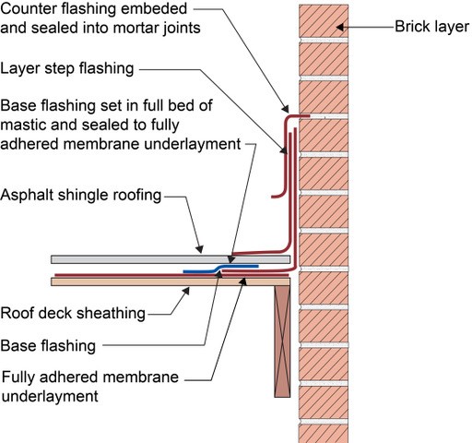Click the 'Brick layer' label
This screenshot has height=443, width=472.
click(x=431, y=27)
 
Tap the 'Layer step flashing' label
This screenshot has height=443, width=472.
click(x=67, y=68)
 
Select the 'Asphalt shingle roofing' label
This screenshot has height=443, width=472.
click(x=81, y=195)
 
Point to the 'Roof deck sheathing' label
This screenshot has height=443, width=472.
click(x=73, y=313)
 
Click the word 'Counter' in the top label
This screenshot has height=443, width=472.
click(x=28, y=9)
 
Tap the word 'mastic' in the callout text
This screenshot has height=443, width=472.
click(x=23, y=125)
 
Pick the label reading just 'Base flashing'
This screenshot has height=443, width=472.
click(x=48, y=346)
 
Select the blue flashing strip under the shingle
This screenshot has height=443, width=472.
click(x=220, y=269)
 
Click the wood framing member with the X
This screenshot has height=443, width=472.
click(x=282, y=341)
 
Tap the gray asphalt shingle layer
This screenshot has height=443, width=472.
click(x=171, y=259)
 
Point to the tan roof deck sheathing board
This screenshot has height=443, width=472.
click(x=171, y=281)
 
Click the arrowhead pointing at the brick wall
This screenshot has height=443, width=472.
click(x=340, y=27)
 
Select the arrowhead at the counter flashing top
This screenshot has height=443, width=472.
click(x=286, y=109)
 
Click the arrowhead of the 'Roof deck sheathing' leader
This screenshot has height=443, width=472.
click(x=186, y=291)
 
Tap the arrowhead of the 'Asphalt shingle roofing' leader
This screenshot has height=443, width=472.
click(x=200, y=249)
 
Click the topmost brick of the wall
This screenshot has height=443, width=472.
click(x=324, y=21)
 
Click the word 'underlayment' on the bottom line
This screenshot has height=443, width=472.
click(x=50, y=396)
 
